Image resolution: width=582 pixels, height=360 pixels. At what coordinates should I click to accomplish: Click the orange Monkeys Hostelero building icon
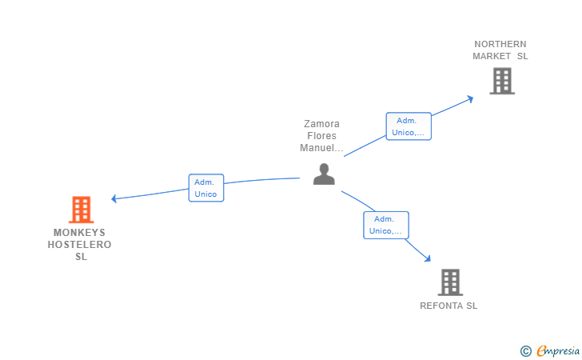tap(81, 210)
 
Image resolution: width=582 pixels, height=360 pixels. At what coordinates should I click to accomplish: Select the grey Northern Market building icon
tap(501, 81)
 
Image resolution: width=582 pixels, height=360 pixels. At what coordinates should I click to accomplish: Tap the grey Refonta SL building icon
tap(450, 282)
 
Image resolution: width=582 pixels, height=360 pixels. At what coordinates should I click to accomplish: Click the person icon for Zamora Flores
tap(324, 174)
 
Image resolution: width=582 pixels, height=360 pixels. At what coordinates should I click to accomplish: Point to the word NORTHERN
tap(500, 44)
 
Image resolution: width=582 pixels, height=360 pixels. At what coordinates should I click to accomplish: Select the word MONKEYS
tap(80, 233)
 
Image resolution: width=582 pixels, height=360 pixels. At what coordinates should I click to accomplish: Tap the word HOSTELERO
tap(80, 245)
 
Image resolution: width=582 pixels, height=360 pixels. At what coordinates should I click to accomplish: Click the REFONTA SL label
tap(448, 306)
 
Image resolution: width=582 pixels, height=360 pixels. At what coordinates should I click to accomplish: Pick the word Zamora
tap(321, 124)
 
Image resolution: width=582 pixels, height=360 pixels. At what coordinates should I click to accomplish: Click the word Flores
tap(321, 136)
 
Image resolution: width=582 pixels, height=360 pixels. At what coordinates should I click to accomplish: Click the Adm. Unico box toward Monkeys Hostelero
tap(206, 188)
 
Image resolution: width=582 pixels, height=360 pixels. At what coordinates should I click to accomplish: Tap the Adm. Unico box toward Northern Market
tap(409, 126)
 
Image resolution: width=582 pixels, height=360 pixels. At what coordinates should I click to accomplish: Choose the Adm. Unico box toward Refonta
tap(386, 225)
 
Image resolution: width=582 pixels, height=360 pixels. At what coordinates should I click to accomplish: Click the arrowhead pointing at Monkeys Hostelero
tap(114, 198)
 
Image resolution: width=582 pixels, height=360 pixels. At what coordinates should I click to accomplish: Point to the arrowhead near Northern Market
tap(471, 98)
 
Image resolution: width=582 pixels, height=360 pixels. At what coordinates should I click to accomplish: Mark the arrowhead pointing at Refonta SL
tap(428, 258)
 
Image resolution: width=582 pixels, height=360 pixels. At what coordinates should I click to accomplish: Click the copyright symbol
tap(525, 350)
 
